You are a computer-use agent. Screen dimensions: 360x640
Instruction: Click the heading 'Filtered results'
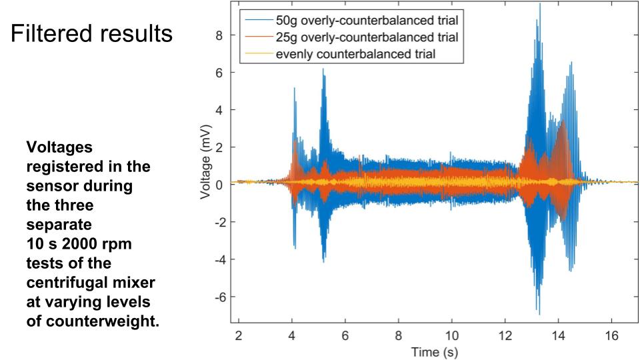[x=91, y=33]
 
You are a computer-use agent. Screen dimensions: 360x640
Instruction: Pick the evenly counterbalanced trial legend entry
[x=356, y=54]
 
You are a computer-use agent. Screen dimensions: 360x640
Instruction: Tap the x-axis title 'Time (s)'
[x=425, y=351]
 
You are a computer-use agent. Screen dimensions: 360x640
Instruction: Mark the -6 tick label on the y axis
[x=217, y=297]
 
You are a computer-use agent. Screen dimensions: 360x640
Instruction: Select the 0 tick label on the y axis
[x=219, y=185]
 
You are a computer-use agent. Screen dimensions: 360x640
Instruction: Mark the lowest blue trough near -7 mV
[x=539, y=313]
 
